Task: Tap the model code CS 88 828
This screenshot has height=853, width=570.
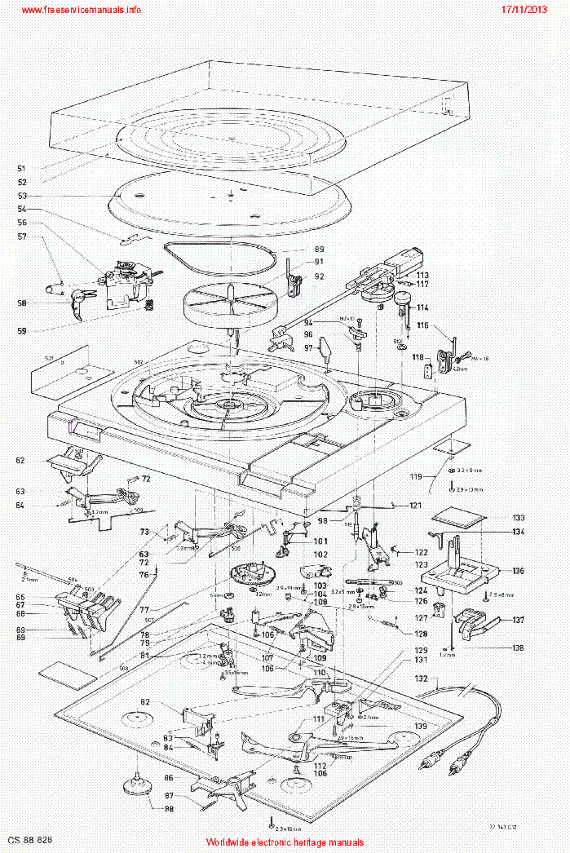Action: (x=30, y=839)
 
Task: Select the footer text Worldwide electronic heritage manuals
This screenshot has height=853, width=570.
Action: (x=285, y=842)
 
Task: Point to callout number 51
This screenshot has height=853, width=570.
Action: (x=22, y=169)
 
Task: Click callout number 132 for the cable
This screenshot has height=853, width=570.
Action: (x=421, y=678)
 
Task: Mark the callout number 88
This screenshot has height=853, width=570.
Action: (x=170, y=810)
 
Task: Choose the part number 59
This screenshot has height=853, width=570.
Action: (x=22, y=331)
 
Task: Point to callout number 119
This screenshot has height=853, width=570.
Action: (x=416, y=476)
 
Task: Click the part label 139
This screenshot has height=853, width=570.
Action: (x=421, y=726)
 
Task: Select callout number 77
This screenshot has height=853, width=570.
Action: (x=144, y=609)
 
